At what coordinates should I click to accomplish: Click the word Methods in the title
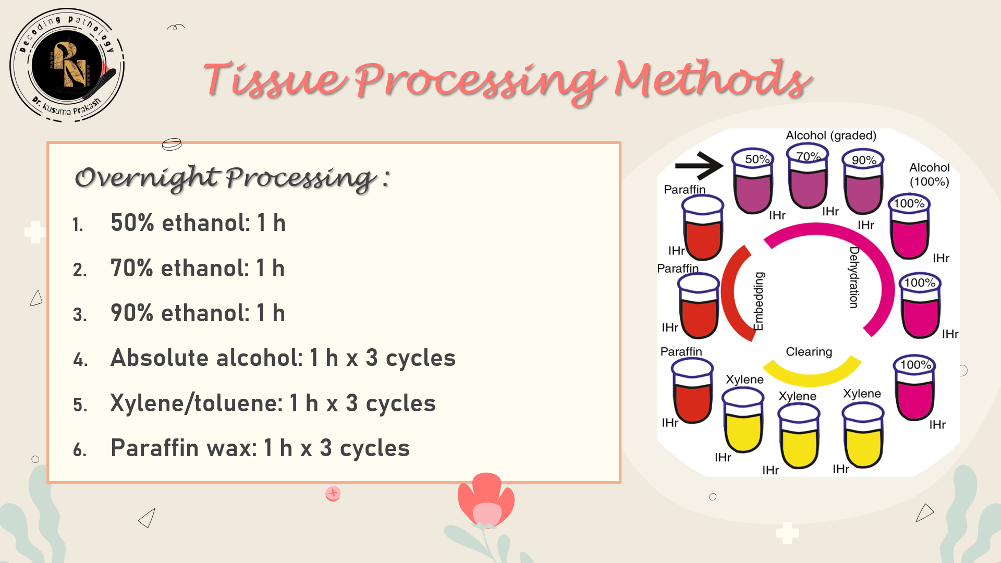[x=712, y=79]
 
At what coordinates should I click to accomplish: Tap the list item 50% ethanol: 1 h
[x=198, y=223]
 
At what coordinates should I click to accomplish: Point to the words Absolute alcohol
[x=206, y=358]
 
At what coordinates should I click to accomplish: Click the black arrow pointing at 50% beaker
[x=699, y=166]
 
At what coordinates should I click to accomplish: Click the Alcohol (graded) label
[x=831, y=136]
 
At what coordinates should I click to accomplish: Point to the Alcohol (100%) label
[x=929, y=175]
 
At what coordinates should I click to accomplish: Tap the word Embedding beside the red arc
[x=759, y=301]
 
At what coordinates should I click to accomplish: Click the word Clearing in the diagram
[x=809, y=352]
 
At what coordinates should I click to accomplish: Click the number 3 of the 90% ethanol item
[x=79, y=315]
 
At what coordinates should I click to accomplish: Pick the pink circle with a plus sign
[x=333, y=493]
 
